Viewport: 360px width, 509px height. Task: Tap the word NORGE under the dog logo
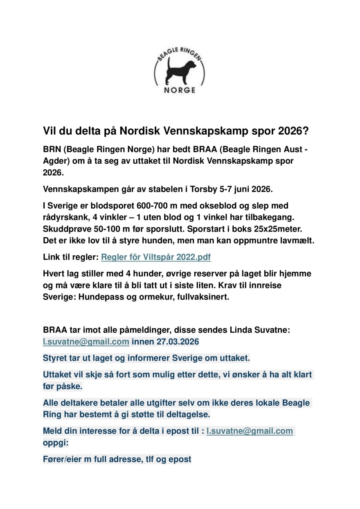[x=180, y=90]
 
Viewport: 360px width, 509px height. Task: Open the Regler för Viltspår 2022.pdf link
[x=156, y=257]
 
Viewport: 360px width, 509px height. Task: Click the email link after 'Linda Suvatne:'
[x=86, y=341]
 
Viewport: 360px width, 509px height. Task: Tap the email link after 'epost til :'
[x=250, y=431]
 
